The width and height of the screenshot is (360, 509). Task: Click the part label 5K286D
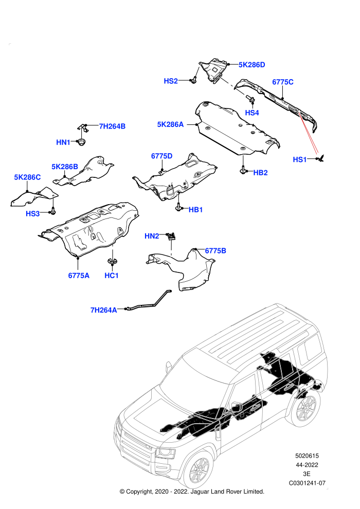click(251, 65)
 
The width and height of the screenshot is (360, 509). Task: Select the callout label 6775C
click(282, 82)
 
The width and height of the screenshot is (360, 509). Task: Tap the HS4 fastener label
click(252, 113)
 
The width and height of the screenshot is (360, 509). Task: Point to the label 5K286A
click(170, 124)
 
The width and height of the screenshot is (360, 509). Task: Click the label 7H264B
click(112, 126)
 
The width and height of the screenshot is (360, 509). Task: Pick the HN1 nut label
click(63, 142)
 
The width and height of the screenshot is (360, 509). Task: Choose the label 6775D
click(161, 156)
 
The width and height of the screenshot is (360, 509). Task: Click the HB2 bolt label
click(260, 173)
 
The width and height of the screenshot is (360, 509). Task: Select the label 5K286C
click(27, 177)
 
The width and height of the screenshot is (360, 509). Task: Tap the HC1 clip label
click(112, 276)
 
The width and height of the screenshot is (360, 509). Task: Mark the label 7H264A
click(103, 311)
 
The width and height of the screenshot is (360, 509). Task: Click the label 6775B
click(215, 251)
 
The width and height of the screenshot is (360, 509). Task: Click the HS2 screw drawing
click(194, 80)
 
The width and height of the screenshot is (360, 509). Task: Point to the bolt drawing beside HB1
click(178, 207)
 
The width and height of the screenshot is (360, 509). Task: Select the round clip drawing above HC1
click(112, 261)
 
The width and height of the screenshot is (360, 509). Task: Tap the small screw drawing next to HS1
click(322, 158)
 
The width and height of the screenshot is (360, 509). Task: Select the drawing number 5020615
click(307, 456)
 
